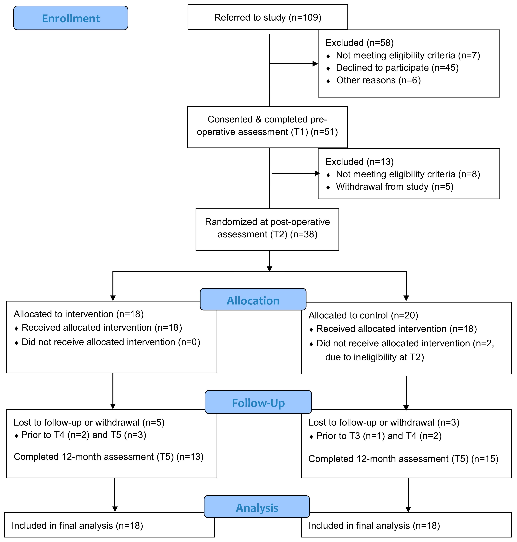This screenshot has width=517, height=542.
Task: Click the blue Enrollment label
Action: click(x=71, y=18)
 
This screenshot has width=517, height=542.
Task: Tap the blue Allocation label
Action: click(x=253, y=299)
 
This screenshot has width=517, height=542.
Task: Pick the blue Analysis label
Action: click(x=257, y=507)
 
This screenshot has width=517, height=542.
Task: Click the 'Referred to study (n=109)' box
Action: click(x=268, y=17)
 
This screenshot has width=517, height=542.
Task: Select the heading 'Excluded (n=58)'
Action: click(x=359, y=43)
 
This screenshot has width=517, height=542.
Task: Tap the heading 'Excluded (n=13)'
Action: click(x=359, y=162)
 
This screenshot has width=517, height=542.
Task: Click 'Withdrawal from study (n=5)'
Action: click(x=395, y=187)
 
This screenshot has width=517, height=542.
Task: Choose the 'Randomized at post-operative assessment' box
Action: click(x=267, y=229)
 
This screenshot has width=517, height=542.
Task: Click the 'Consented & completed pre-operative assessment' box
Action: click(x=267, y=127)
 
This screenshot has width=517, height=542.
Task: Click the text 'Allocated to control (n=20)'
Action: click(x=363, y=315)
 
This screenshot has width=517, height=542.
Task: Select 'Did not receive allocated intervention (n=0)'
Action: click(x=111, y=342)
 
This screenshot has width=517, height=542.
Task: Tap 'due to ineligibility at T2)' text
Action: click(x=374, y=357)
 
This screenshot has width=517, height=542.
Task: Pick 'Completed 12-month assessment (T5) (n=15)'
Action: click(x=403, y=459)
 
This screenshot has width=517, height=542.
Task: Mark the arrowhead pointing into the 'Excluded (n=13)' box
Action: click(x=317, y=173)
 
